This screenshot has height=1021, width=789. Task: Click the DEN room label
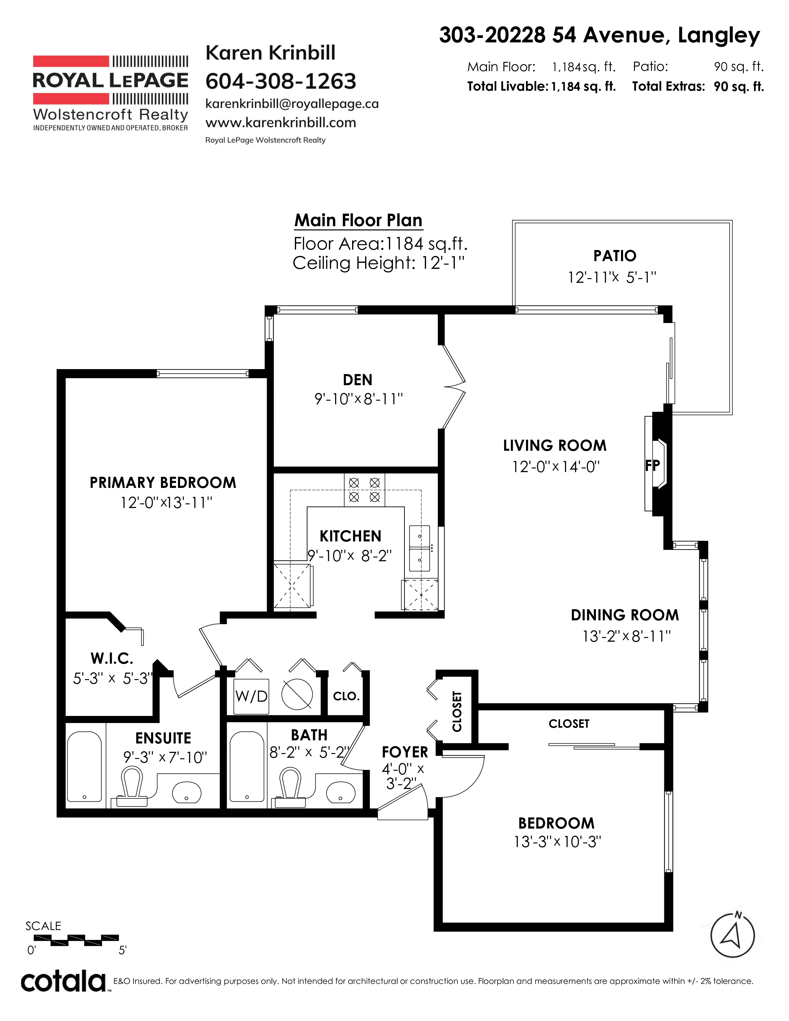(x=358, y=380)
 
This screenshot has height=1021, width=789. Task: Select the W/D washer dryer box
(x=252, y=696)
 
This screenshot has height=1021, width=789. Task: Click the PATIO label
(x=615, y=256)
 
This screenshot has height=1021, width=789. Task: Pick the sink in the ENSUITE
(x=187, y=792)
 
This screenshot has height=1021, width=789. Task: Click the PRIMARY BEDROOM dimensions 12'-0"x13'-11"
(x=166, y=503)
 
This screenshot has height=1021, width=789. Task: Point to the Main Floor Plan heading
(x=359, y=220)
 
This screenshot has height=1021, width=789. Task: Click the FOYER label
(x=405, y=752)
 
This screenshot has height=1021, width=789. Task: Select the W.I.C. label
(x=112, y=659)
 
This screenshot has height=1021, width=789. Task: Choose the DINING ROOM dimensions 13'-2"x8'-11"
(x=627, y=636)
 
